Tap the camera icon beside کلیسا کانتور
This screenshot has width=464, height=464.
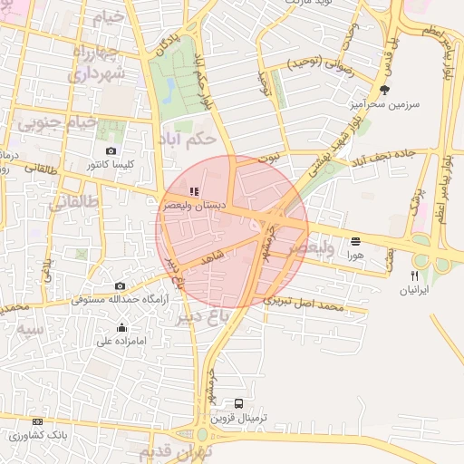(111, 151)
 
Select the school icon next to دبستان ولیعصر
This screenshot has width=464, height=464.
(193, 191)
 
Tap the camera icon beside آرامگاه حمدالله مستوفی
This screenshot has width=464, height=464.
(120, 285)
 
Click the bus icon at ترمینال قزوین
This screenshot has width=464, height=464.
(238, 403)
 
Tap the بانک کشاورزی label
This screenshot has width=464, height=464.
(33, 435)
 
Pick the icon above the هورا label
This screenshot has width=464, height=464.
(354, 241)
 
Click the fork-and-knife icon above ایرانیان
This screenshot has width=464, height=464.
(414, 275)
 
